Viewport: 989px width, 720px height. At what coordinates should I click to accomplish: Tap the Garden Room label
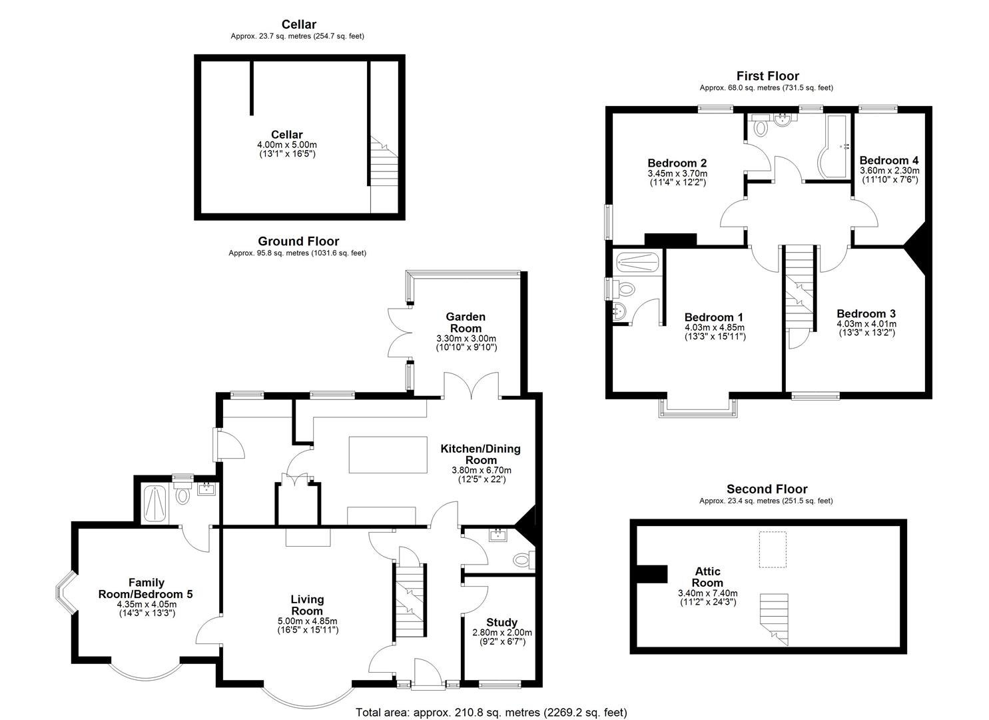point(466,323)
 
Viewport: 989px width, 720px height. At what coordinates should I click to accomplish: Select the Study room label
point(501,622)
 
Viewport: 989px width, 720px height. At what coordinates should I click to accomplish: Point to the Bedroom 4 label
point(889,160)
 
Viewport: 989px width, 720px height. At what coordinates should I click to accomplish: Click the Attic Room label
point(707,577)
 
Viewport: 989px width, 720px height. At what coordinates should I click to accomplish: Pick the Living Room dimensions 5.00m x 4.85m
point(307,621)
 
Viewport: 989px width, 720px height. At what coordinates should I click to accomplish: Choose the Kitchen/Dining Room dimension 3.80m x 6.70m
point(482,470)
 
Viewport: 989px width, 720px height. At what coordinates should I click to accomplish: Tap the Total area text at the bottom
point(492,712)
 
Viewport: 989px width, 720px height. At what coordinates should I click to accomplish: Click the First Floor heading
point(767,76)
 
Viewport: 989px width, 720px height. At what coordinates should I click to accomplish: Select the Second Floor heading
point(767,489)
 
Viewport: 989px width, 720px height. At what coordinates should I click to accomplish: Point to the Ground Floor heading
point(298,241)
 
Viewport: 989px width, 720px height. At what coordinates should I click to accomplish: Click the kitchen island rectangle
point(388,455)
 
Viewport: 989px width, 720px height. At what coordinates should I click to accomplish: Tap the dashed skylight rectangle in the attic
point(773,549)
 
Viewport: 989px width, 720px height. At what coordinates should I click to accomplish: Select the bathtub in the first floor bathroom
point(832,147)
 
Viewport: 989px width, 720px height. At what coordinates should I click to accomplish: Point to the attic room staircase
point(774,619)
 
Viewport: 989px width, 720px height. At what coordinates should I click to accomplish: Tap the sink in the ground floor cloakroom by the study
point(498,535)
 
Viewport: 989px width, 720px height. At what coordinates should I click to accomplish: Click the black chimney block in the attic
point(652,574)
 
